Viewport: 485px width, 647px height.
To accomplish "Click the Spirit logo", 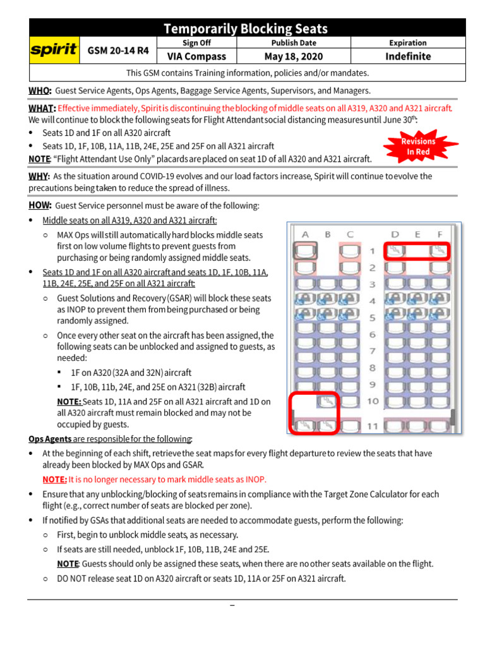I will [x=54, y=50].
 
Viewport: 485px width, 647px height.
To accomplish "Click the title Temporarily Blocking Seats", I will [x=246, y=28].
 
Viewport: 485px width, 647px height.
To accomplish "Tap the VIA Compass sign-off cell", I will [x=196, y=56].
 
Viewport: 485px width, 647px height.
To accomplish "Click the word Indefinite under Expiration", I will [x=408, y=56].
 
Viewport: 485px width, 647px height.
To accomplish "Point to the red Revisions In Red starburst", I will [x=418, y=147].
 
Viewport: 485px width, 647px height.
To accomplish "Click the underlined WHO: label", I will [x=39, y=91].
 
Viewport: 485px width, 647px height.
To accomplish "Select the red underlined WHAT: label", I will [x=42, y=108].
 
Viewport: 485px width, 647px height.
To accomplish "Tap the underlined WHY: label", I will [x=39, y=176].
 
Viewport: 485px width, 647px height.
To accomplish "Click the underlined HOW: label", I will [x=40, y=205].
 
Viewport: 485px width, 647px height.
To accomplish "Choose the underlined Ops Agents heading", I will [x=50, y=439].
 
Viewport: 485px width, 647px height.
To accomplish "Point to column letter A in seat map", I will [x=305, y=234].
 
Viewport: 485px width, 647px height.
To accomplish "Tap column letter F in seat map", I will [x=440, y=234].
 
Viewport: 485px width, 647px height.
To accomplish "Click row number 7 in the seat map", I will [x=373, y=351].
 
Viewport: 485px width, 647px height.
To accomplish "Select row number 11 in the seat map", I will [x=373, y=426].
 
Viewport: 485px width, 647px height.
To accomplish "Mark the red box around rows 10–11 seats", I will [x=314, y=414].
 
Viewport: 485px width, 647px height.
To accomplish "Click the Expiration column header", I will [x=408, y=43].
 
